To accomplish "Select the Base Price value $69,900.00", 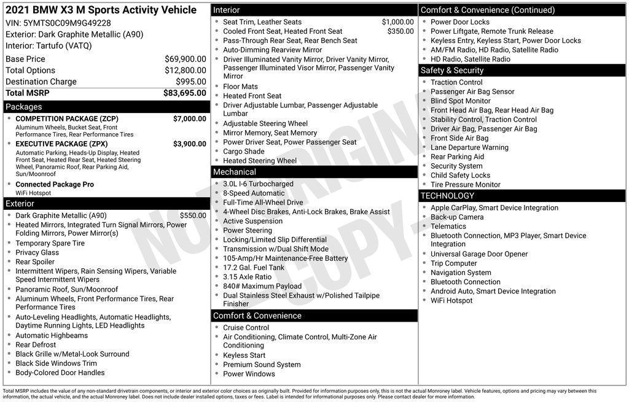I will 186,59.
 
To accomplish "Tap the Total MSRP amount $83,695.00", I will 184,93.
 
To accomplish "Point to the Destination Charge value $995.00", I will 190,82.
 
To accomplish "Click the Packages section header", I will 24,107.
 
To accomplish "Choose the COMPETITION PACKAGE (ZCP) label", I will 67,118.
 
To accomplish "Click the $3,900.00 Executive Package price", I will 189,144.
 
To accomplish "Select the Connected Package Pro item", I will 55,184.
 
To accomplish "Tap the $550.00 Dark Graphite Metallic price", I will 193,215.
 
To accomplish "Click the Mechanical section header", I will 235,172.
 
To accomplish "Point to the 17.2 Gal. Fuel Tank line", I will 254,268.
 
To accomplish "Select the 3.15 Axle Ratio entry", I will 247,277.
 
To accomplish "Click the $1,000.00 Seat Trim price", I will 397,22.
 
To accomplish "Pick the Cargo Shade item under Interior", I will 244,152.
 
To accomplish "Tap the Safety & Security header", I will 452,71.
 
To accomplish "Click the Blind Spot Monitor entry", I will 461,101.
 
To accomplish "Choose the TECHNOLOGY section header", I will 447,196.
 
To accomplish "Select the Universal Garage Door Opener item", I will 479,254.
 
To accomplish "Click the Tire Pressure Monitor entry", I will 466,185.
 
